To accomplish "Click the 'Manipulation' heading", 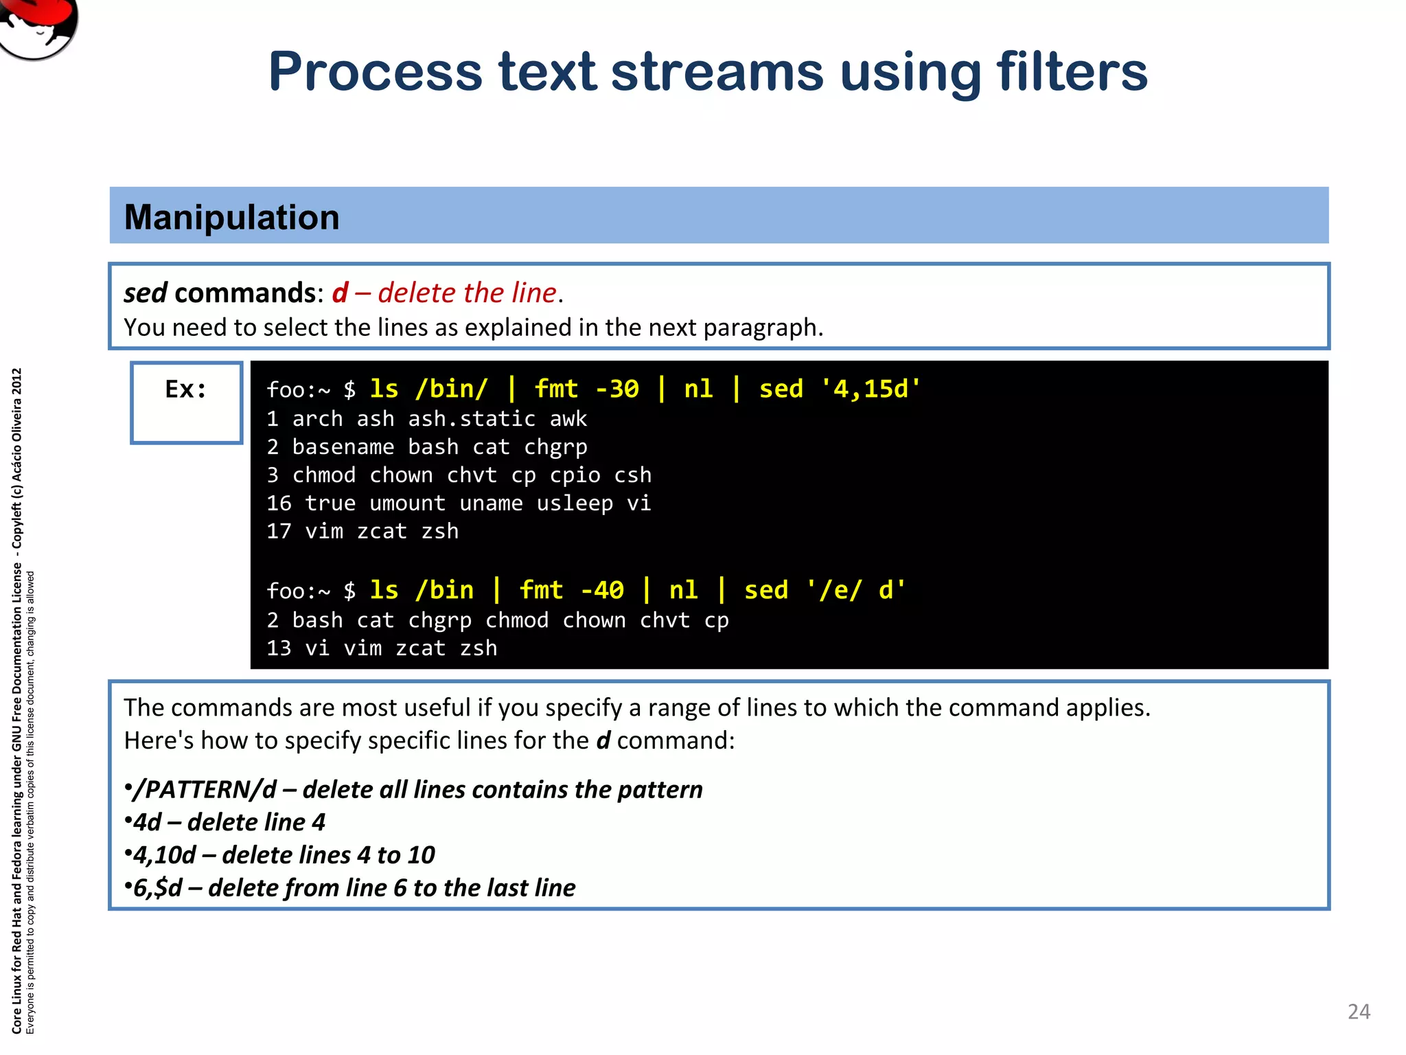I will click(231, 217).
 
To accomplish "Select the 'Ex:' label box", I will click(186, 402).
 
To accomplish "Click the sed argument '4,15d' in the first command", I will click(871, 389).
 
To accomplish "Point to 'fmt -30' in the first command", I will click(586, 389).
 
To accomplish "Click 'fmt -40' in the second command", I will click(571, 590).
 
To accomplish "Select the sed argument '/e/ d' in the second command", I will click(856, 590).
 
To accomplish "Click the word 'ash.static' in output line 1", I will click(472, 418).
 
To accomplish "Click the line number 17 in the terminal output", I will click(279, 531).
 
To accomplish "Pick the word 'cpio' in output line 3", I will click(575, 475).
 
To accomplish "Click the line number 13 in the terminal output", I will click(279, 648).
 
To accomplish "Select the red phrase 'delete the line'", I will click(467, 293).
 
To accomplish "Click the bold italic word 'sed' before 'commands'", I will click(145, 293).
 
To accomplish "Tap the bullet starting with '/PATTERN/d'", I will click(414, 790).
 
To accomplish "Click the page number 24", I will click(1359, 1012).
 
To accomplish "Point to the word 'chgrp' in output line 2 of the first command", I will click(555, 447).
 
